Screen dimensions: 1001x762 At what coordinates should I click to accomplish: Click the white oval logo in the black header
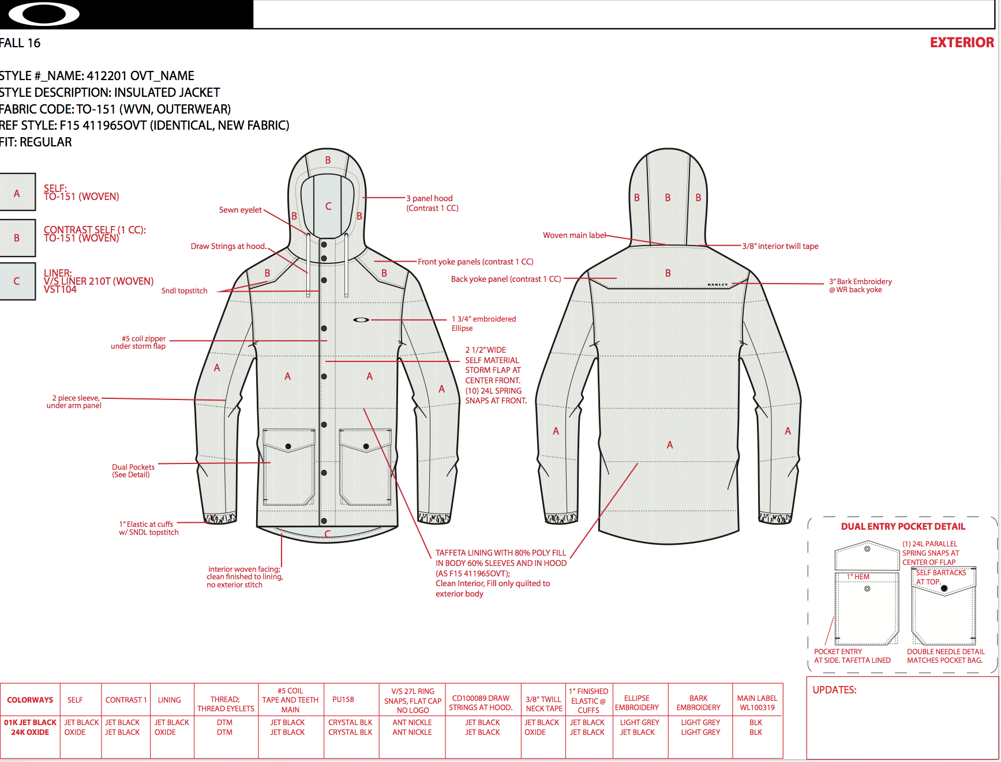click(44, 14)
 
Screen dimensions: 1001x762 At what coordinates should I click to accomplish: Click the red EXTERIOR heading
click(962, 43)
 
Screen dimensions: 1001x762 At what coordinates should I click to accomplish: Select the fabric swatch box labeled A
click(17, 194)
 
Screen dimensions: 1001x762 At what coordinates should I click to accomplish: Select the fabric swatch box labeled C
click(17, 281)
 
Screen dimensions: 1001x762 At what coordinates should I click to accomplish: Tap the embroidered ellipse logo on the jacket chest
click(361, 319)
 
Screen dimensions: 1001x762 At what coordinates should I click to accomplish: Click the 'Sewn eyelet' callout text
click(240, 210)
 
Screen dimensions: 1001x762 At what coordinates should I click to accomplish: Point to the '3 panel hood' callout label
click(432, 203)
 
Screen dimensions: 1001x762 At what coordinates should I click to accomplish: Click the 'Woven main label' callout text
click(574, 235)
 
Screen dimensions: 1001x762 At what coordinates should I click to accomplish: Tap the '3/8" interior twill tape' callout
click(780, 246)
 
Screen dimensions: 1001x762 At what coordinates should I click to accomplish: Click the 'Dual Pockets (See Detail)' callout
click(133, 471)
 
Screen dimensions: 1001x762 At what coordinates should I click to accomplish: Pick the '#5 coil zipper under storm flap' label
click(139, 342)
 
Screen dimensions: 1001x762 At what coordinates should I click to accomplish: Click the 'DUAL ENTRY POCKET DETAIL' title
click(903, 526)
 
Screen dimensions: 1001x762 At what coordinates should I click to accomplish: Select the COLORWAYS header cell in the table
click(30, 700)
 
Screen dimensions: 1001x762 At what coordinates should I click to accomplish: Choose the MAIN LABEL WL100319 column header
click(757, 703)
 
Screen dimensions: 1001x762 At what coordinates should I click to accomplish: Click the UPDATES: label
click(834, 690)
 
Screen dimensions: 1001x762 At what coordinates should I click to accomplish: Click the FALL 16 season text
click(20, 43)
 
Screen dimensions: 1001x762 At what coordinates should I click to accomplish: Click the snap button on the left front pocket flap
click(288, 447)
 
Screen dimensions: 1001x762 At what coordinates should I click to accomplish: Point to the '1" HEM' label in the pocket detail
click(858, 576)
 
